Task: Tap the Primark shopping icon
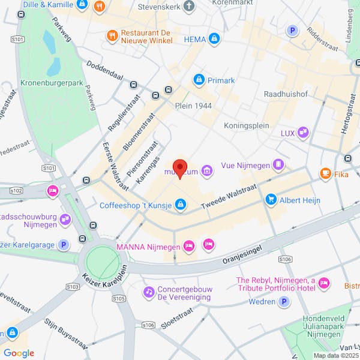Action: pos(199,80)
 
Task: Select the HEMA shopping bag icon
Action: pos(214,40)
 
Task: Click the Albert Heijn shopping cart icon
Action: pos(271,200)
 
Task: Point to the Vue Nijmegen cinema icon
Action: pos(278,164)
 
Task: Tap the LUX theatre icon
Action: pos(303,133)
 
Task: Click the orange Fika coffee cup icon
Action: pos(325,174)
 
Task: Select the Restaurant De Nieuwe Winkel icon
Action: pos(111,35)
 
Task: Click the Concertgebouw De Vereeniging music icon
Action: pos(148,292)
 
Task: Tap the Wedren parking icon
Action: pos(285,302)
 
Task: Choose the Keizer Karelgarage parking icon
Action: pos(64,244)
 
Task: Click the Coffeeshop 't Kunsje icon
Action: pos(180,205)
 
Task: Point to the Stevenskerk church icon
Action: pos(189,8)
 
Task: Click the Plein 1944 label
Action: pos(193,106)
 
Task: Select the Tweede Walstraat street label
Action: pos(230,195)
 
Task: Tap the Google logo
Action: pos(19,353)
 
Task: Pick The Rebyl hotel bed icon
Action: pos(324,283)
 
